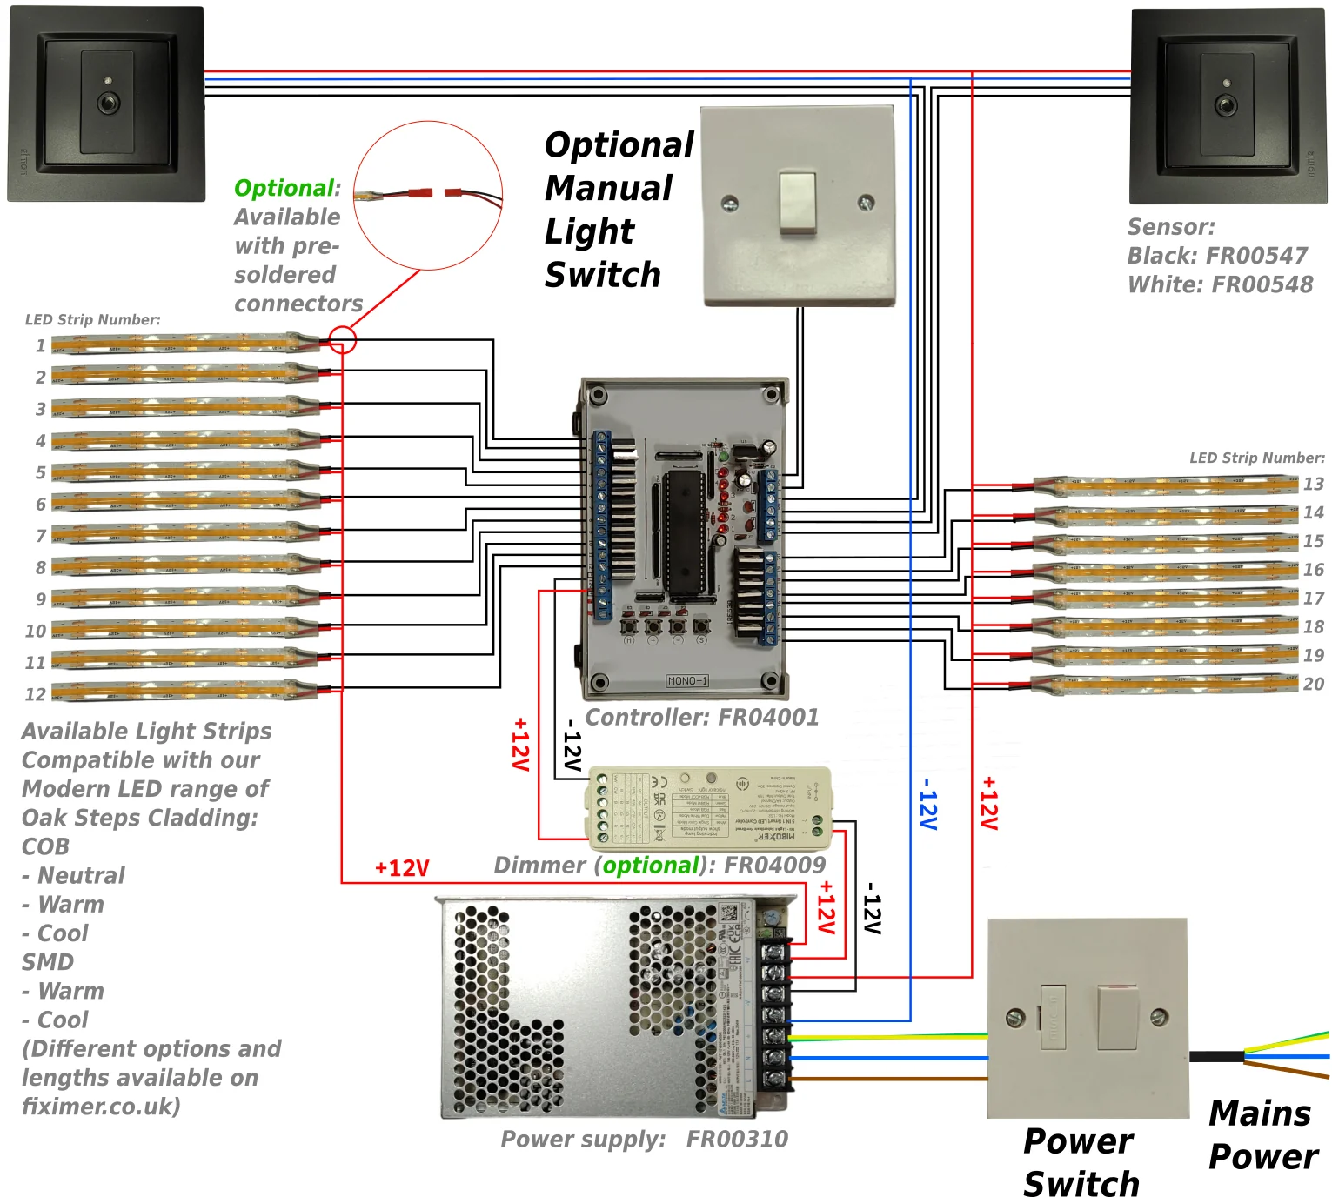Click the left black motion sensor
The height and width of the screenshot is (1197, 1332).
click(x=107, y=104)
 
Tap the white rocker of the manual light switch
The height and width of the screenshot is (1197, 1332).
click(x=797, y=202)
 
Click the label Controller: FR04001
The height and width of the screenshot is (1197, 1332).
click(x=701, y=718)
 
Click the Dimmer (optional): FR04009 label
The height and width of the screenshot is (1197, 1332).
click(x=659, y=866)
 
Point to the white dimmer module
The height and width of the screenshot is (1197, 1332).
click(x=710, y=808)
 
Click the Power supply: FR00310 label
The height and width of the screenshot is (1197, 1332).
click(x=644, y=1140)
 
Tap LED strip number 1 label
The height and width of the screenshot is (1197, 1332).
click(x=40, y=345)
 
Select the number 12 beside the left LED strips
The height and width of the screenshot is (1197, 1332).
click(x=35, y=694)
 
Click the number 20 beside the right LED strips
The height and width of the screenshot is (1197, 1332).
click(x=1314, y=684)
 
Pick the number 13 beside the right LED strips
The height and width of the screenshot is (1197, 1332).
click(x=1314, y=484)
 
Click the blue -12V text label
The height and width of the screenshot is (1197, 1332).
click(x=928, y=804)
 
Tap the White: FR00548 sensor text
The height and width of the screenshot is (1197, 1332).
click(x=1220, y=284)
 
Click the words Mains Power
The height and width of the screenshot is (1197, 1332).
click(x=1262, y=1135)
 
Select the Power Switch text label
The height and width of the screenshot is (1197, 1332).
click(x=1081, y=1162)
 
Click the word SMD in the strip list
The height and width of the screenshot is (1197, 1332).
click(x=48, y=962)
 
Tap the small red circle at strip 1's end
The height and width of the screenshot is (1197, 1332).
click(x=343, y=339)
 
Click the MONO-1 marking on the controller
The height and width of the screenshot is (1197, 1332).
click(x=687, y=680)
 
